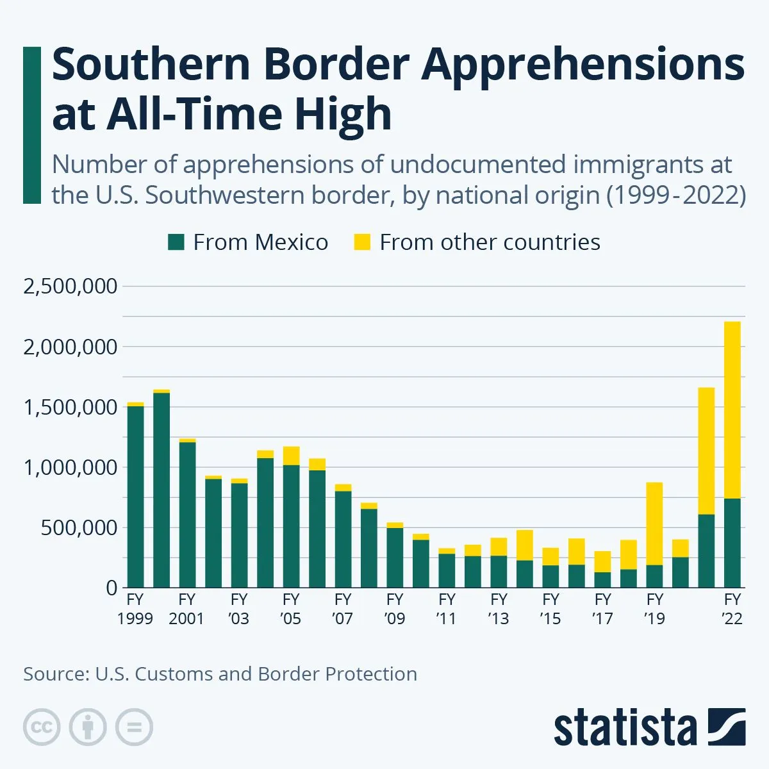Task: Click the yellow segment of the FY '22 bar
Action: (732, 410)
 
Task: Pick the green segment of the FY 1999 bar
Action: (135, 497)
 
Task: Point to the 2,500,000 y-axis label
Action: (70, 286)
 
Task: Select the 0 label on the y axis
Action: (112, 588)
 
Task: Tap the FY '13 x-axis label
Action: (499, 609)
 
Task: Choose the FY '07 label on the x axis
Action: (343, 609)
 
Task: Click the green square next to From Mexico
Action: (176, 242)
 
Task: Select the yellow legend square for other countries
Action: (362, 242)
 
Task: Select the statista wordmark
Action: (625, 728)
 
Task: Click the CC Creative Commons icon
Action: (42, 727)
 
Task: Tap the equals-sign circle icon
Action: (134, 727)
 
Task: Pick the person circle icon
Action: (88, 727)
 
